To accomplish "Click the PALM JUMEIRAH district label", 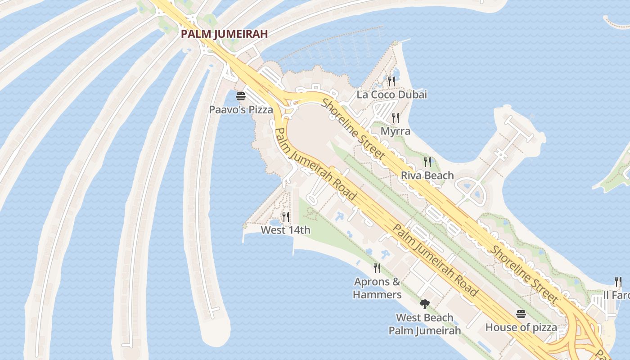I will (x=224, y=34).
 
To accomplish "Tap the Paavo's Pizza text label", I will (x=241, y=109).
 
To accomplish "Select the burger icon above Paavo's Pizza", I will (x=241, y=96).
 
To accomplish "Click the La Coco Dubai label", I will (x=391, y=94).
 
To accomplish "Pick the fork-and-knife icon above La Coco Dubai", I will (x=391, y=81).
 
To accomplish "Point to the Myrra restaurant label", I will (x=396, y=131).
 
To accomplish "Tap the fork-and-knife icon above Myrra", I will (x=396, y=117).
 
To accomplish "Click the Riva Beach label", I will (x=427, y=175).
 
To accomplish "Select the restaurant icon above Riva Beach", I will (x=427, y=162).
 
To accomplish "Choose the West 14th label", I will (x=286, y=230).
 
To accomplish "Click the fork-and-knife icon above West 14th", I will (x=286, y=216).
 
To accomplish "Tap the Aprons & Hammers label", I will (x=377, y=288).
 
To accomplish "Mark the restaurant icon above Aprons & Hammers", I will (x=377, y=268).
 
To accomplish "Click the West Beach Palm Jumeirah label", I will (x=424, y=324).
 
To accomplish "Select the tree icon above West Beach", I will (x=424, y=304).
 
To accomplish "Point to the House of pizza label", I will (x=521, y=327).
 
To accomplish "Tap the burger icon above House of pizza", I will (x=521, y=314).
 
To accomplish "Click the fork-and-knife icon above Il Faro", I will (x=618, y=282).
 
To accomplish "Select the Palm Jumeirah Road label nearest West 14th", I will (x=315, y=164).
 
